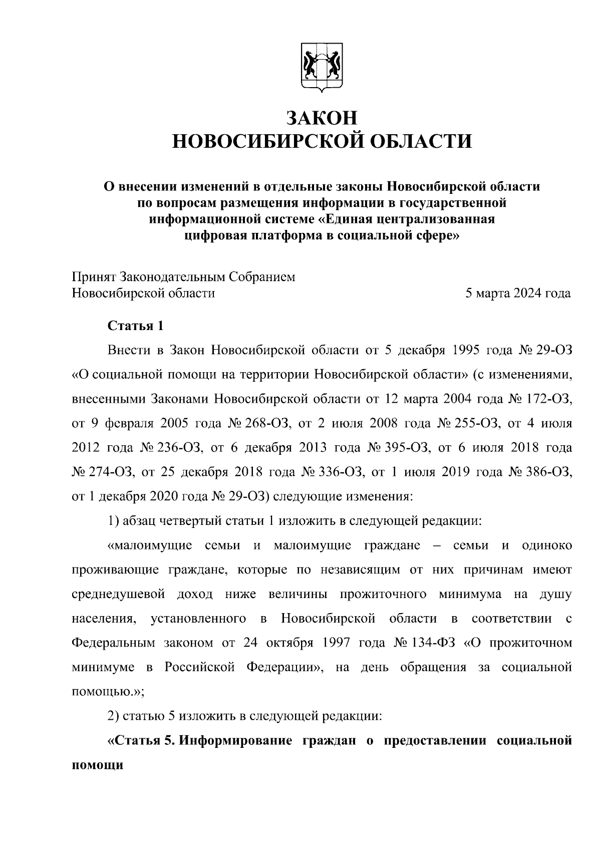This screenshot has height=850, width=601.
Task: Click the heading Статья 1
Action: [136, 326]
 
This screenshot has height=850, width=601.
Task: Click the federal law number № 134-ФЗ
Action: [424, 643]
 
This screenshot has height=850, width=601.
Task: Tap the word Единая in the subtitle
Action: [347, 219]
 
